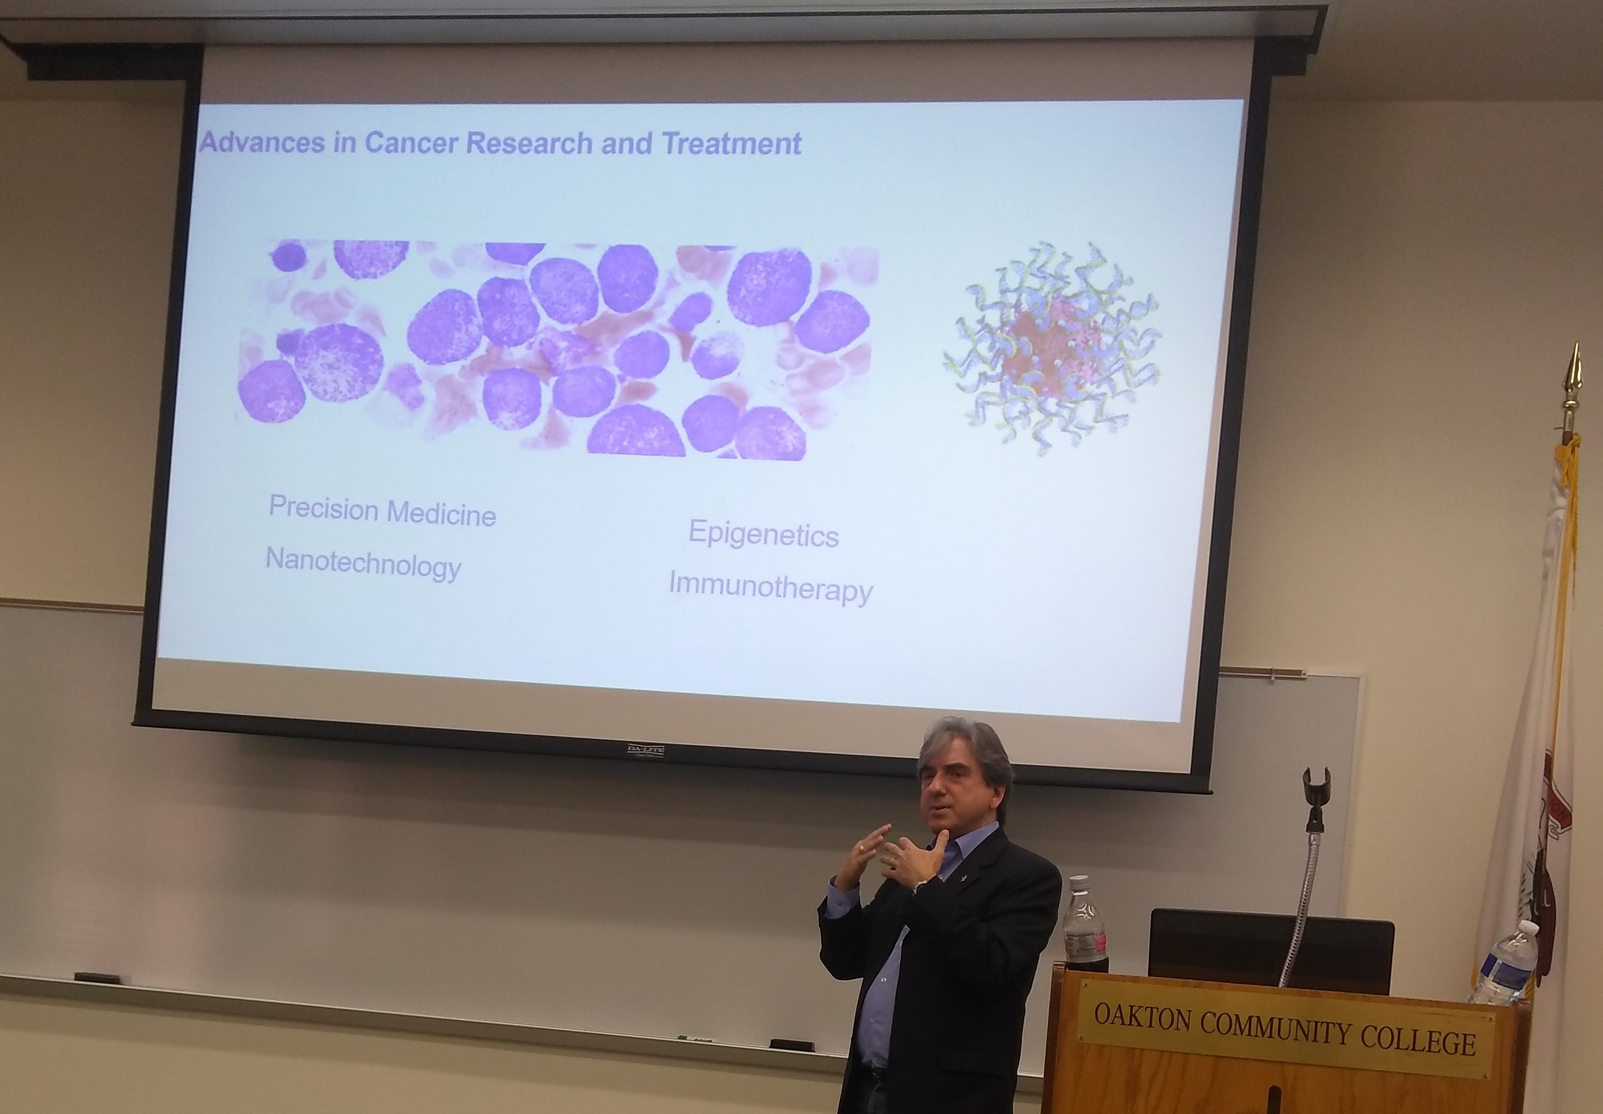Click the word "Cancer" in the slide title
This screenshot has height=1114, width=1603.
tap(412, 143)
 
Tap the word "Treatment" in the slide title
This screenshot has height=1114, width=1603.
tap(732, 143)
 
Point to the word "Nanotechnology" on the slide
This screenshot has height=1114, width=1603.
tap(364, 564)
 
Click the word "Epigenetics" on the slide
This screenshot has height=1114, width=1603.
tap(764, 535)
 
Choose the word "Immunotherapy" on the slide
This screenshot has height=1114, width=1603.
tap(771, 589)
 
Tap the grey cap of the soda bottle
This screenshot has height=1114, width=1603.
tap(1079, 881)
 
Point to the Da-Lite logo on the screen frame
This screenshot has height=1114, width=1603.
tap(644, 750)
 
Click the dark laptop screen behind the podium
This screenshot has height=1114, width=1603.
tap(1271, 949)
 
